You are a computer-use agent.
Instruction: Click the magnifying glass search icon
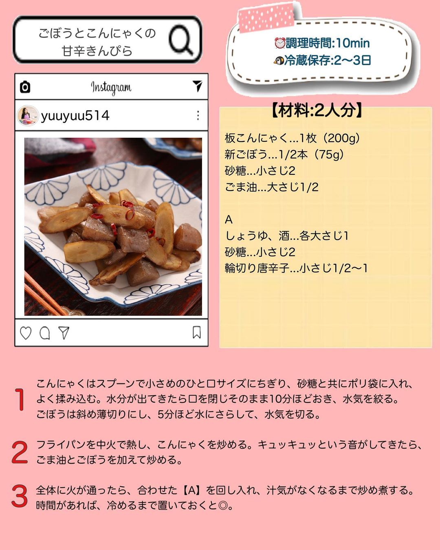[180, 40]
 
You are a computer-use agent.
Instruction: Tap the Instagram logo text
[111, 88]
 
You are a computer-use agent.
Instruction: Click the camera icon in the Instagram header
[25, 87]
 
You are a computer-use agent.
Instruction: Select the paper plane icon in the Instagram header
[197, 86]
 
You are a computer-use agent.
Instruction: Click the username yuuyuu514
[75, 116]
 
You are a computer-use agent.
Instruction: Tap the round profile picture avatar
[28, 116]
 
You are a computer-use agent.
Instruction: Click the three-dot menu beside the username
[198, 116]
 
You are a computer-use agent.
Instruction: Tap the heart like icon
[26, 333]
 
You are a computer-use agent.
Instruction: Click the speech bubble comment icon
[45, 333]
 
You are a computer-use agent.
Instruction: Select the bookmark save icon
[197, 332]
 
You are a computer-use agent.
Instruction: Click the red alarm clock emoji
[280, 43]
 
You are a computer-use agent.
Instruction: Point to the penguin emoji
[279, 61]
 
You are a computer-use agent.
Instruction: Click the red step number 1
[20, 400]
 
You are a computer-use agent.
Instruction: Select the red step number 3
[20, 496]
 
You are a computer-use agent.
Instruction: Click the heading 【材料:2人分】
[317, 110]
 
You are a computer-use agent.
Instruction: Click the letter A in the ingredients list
[229, 220]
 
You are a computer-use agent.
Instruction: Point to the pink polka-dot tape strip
[266, 18]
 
